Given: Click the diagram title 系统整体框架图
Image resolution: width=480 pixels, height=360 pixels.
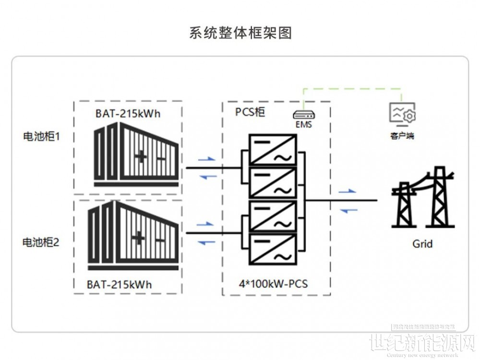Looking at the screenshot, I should (x=240, y=33).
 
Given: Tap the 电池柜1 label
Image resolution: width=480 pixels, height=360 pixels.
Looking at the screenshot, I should (x=42, y=137).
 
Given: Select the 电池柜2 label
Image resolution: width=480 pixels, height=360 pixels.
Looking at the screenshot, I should (x=41, y=242).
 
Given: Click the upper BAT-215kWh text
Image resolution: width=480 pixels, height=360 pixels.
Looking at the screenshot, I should (x=128, y=114).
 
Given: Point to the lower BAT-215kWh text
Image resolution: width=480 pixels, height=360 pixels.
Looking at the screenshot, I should (x=120, y=284).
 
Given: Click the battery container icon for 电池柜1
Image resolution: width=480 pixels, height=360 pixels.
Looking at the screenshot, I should (x=137, y=155).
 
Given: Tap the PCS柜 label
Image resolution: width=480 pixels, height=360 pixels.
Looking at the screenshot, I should (x=250, y=112).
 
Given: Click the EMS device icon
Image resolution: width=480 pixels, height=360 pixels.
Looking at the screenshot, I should (x=304, y=115).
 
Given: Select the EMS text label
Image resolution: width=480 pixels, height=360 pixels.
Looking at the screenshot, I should (x=304, y=125).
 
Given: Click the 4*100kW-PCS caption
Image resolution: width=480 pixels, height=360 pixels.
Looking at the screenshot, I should (x=274, y=284).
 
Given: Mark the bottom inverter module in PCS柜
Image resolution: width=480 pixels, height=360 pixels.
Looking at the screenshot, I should (x=273, y=249).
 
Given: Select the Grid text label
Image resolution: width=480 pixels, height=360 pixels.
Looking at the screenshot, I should (x=422, y=244).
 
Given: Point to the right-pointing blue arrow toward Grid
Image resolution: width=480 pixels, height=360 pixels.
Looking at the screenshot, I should (x=348, y=191).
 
